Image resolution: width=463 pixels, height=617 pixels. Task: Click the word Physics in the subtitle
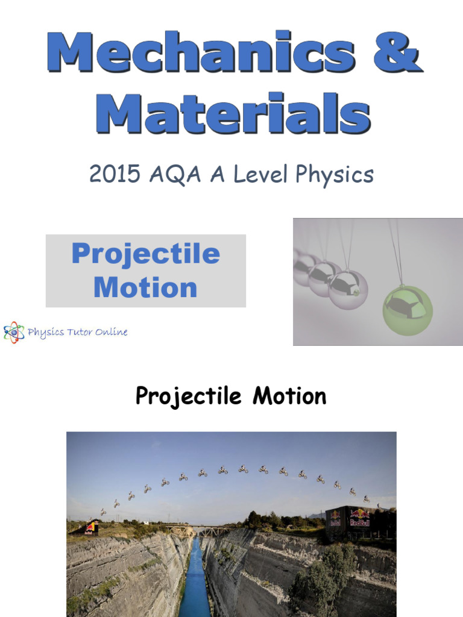(x=335, y=175)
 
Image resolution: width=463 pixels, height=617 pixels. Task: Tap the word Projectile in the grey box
(x=145, y=254)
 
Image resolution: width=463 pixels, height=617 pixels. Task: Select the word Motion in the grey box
(x=145, y=287)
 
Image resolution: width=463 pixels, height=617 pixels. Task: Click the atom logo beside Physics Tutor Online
(x=14, y=332)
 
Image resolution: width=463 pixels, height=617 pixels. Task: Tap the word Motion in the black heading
(x=289, y=396)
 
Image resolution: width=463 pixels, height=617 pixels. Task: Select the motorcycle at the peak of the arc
(x=242, y=469)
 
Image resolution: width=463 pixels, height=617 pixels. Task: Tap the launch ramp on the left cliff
(x=87, y=528)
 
